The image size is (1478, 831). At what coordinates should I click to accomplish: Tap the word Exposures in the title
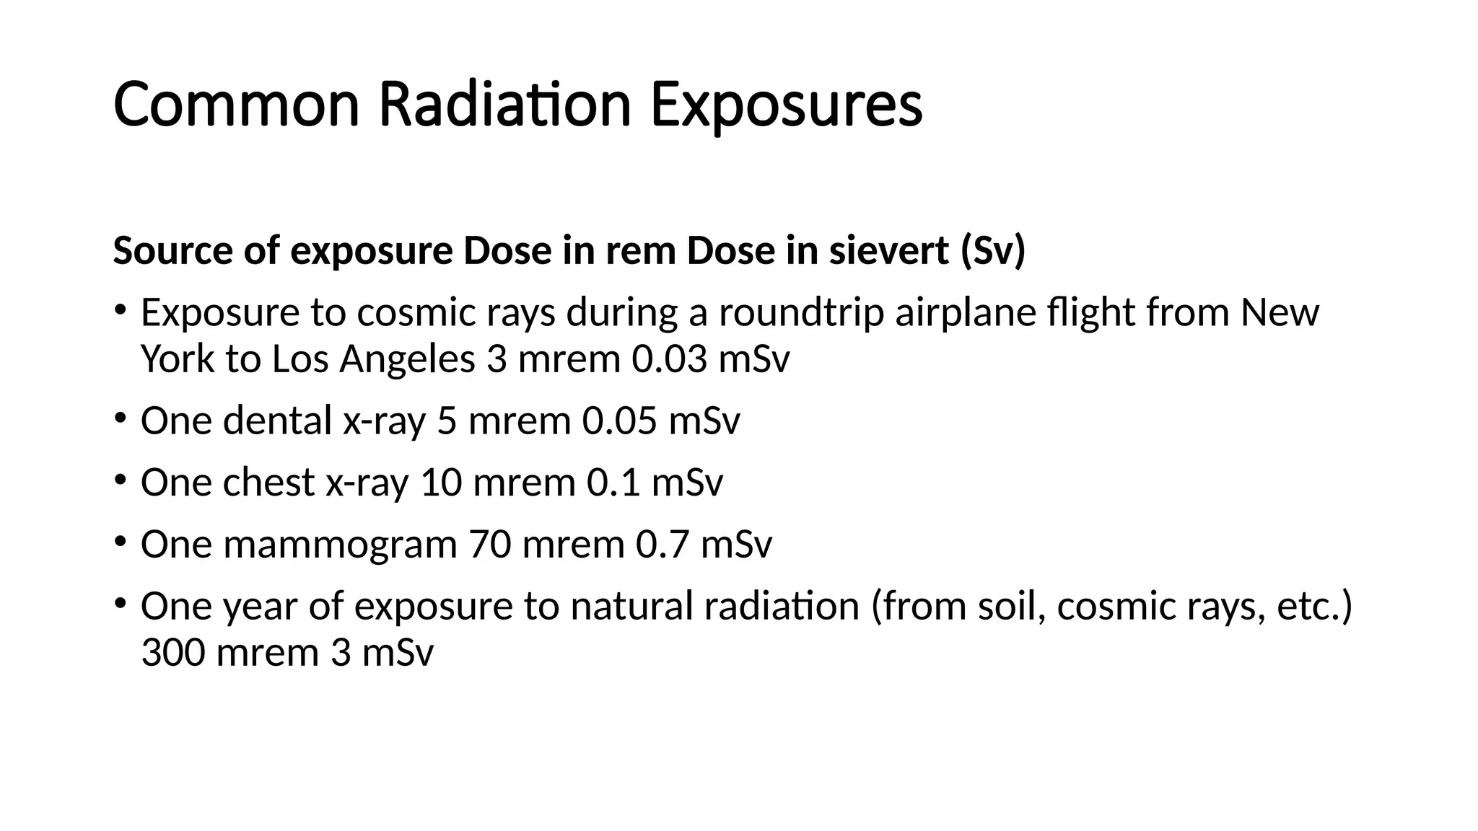(x=786, y=105)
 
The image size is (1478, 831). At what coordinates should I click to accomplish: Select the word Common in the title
(x=236, y=105)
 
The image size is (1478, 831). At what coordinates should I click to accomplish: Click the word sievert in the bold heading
(x=888, y=251)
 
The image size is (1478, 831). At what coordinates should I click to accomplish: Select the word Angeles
(x=407, y=359)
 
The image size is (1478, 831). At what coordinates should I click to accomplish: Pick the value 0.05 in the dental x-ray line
(x=619, y=421)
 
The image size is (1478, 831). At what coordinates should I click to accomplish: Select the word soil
(x=1011, y=606)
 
